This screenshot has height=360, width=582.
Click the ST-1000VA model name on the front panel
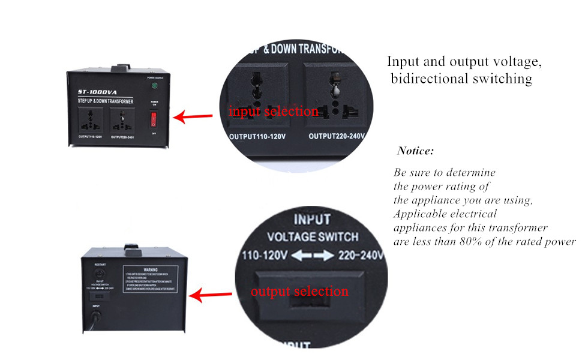[x=95, y=92]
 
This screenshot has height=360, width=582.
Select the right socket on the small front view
[x=122, y=120]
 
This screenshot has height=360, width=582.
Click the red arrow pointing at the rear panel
[x=211, y=295]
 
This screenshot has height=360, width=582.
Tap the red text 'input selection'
[x=273, y=111]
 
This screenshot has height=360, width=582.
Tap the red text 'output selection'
[x=299, y=292]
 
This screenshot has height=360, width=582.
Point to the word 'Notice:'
[x=415, y=151]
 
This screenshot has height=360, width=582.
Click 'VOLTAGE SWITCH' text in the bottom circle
[x=312, y=236]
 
